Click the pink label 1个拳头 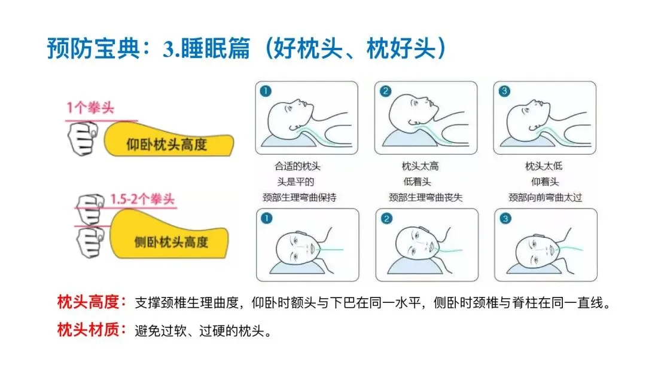tap(90, 108)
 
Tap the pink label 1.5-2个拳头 tap(142, 200)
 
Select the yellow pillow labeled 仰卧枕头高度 tap(168, 140)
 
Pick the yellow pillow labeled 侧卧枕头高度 tap(168, 234)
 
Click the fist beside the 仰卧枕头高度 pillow tap(83, 138)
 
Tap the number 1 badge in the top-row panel tap(266, 91)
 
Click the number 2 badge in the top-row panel tap(385, 91)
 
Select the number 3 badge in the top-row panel tap(504, 91)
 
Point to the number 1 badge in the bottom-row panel tap(267, 218)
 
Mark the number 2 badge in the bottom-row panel tap(386, 219)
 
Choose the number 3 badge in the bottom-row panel tap(505, 219)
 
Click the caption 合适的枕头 tap(297, 166)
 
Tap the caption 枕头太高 tap(420, 166)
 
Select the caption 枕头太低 tap(544, 166)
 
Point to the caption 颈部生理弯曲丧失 tap(426, 197)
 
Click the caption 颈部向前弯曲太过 tap(545, 197)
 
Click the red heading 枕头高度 tap(88, 302)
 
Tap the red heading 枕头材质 tap(88, 329)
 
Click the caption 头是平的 tap(296, 182)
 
